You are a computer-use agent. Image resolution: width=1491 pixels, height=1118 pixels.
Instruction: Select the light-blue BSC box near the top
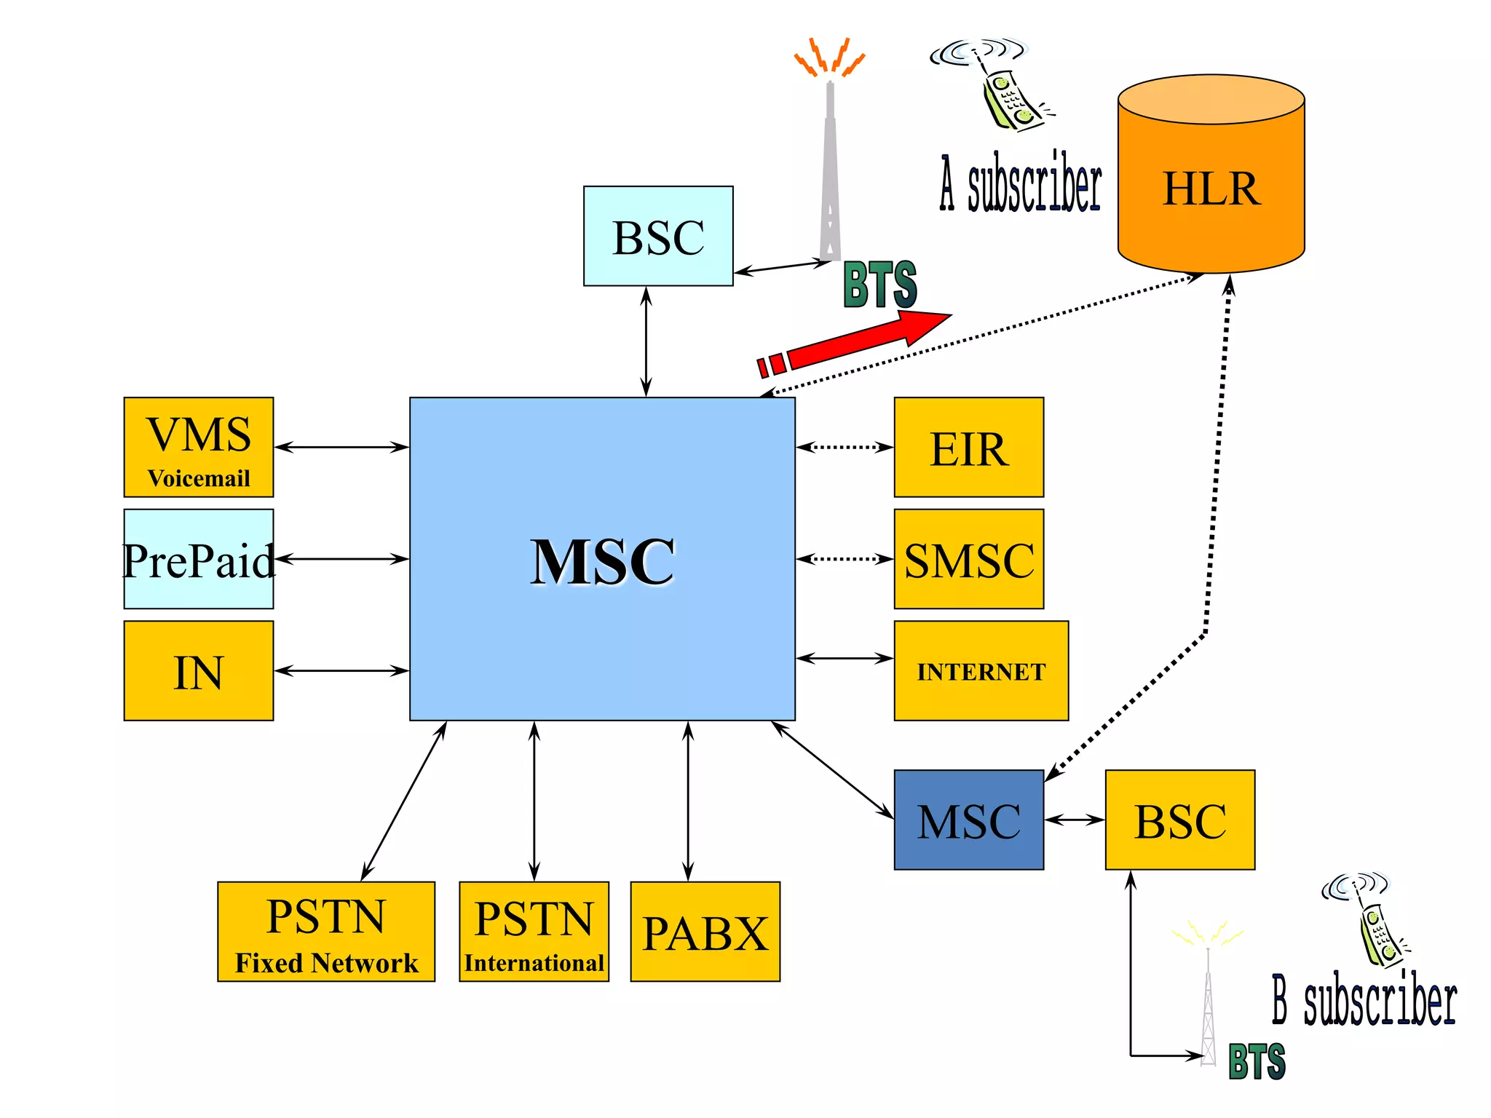coord(658,236)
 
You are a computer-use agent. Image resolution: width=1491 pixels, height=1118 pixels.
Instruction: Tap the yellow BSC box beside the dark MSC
coord(1179,820)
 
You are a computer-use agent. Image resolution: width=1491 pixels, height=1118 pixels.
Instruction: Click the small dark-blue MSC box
coord(968,820)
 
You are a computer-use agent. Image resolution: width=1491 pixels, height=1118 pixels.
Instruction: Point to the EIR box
coord(968,447)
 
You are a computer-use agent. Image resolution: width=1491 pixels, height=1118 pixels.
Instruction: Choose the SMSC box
coord(968,559)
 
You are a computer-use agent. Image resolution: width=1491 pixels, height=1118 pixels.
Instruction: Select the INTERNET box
coord(981,670)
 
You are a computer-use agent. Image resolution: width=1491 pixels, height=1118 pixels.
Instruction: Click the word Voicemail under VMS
coord(198,478)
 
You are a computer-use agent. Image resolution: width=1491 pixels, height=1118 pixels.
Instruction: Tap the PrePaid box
coord(198,559)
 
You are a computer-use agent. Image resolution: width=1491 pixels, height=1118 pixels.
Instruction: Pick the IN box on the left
coord(198,670)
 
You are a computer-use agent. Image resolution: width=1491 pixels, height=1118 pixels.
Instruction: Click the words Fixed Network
coord(326,963)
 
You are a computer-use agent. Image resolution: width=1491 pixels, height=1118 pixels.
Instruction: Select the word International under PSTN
coord(534,963)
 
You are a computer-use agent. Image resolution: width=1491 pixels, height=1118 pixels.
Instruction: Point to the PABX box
coord(705,932)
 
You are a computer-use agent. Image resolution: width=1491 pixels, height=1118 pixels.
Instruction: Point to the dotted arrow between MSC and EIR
coord(845,447)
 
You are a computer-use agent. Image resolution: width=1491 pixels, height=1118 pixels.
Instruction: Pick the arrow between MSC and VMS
coord(341,447)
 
